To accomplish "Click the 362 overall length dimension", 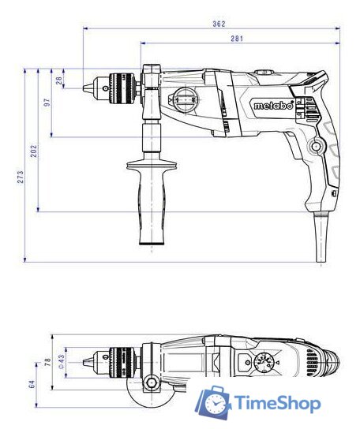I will (x=219, y=24).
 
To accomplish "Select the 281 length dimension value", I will (x=235, y=37).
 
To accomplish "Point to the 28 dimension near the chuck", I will (x=59, y=80).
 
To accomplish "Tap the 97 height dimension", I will (x=47, y=103).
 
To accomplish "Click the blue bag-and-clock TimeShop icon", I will (x=212, y=403).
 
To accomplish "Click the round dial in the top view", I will (x=263, y=364).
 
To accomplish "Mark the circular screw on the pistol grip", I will (x=317, y=146).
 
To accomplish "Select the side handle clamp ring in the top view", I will (x=150, y=384).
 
